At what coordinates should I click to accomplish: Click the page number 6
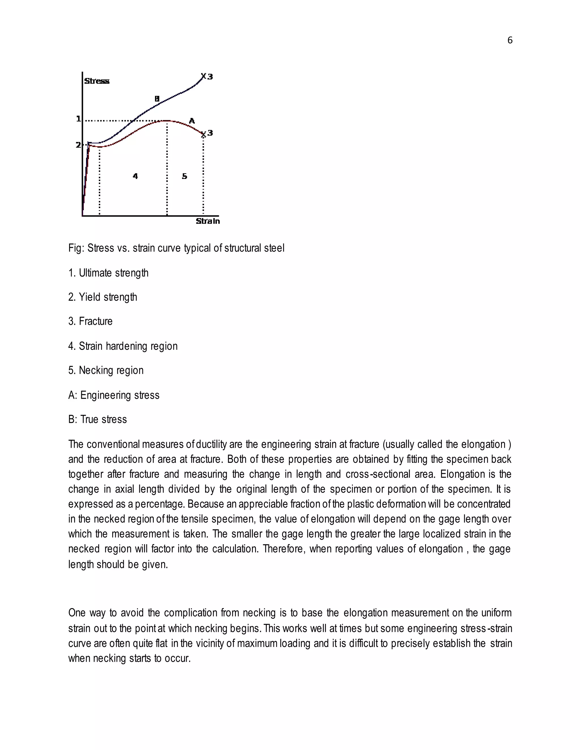coord(510,40)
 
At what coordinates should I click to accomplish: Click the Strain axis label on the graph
coord(208,221)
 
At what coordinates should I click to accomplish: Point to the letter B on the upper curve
coord(157,99)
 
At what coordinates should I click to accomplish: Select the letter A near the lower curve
coord(192,121)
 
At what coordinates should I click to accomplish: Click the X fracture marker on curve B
coord(203,76)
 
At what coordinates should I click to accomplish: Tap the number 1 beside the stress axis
coord(78,119)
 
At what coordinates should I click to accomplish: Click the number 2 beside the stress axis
coord(78,145)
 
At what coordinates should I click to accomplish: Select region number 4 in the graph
coord(135,176)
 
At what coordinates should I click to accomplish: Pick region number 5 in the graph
coord(185,176)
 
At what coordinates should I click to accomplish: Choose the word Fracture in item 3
coord(95,322)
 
